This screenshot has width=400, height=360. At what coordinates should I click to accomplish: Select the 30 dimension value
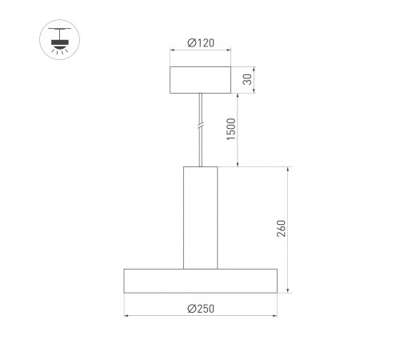(248, 79)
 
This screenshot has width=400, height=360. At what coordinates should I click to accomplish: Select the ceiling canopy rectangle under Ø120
(200, 79)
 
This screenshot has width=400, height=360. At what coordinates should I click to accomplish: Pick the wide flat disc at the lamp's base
(200, 281)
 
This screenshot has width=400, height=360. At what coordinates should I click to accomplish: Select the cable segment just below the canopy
(200, 102)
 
